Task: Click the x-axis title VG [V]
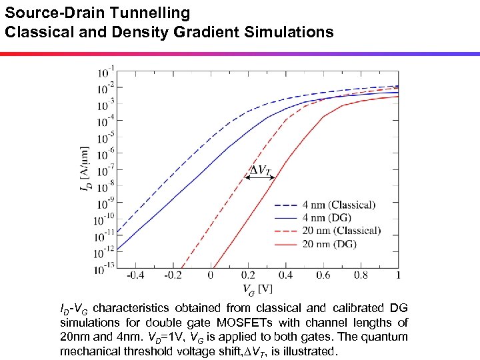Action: [x=256, y=288]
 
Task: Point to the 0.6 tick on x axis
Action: [x=324, y=275]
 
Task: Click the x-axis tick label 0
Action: [x=211, y=275]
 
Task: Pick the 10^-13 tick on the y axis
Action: [x=105, y=269]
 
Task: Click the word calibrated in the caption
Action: [x=355, y=308]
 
